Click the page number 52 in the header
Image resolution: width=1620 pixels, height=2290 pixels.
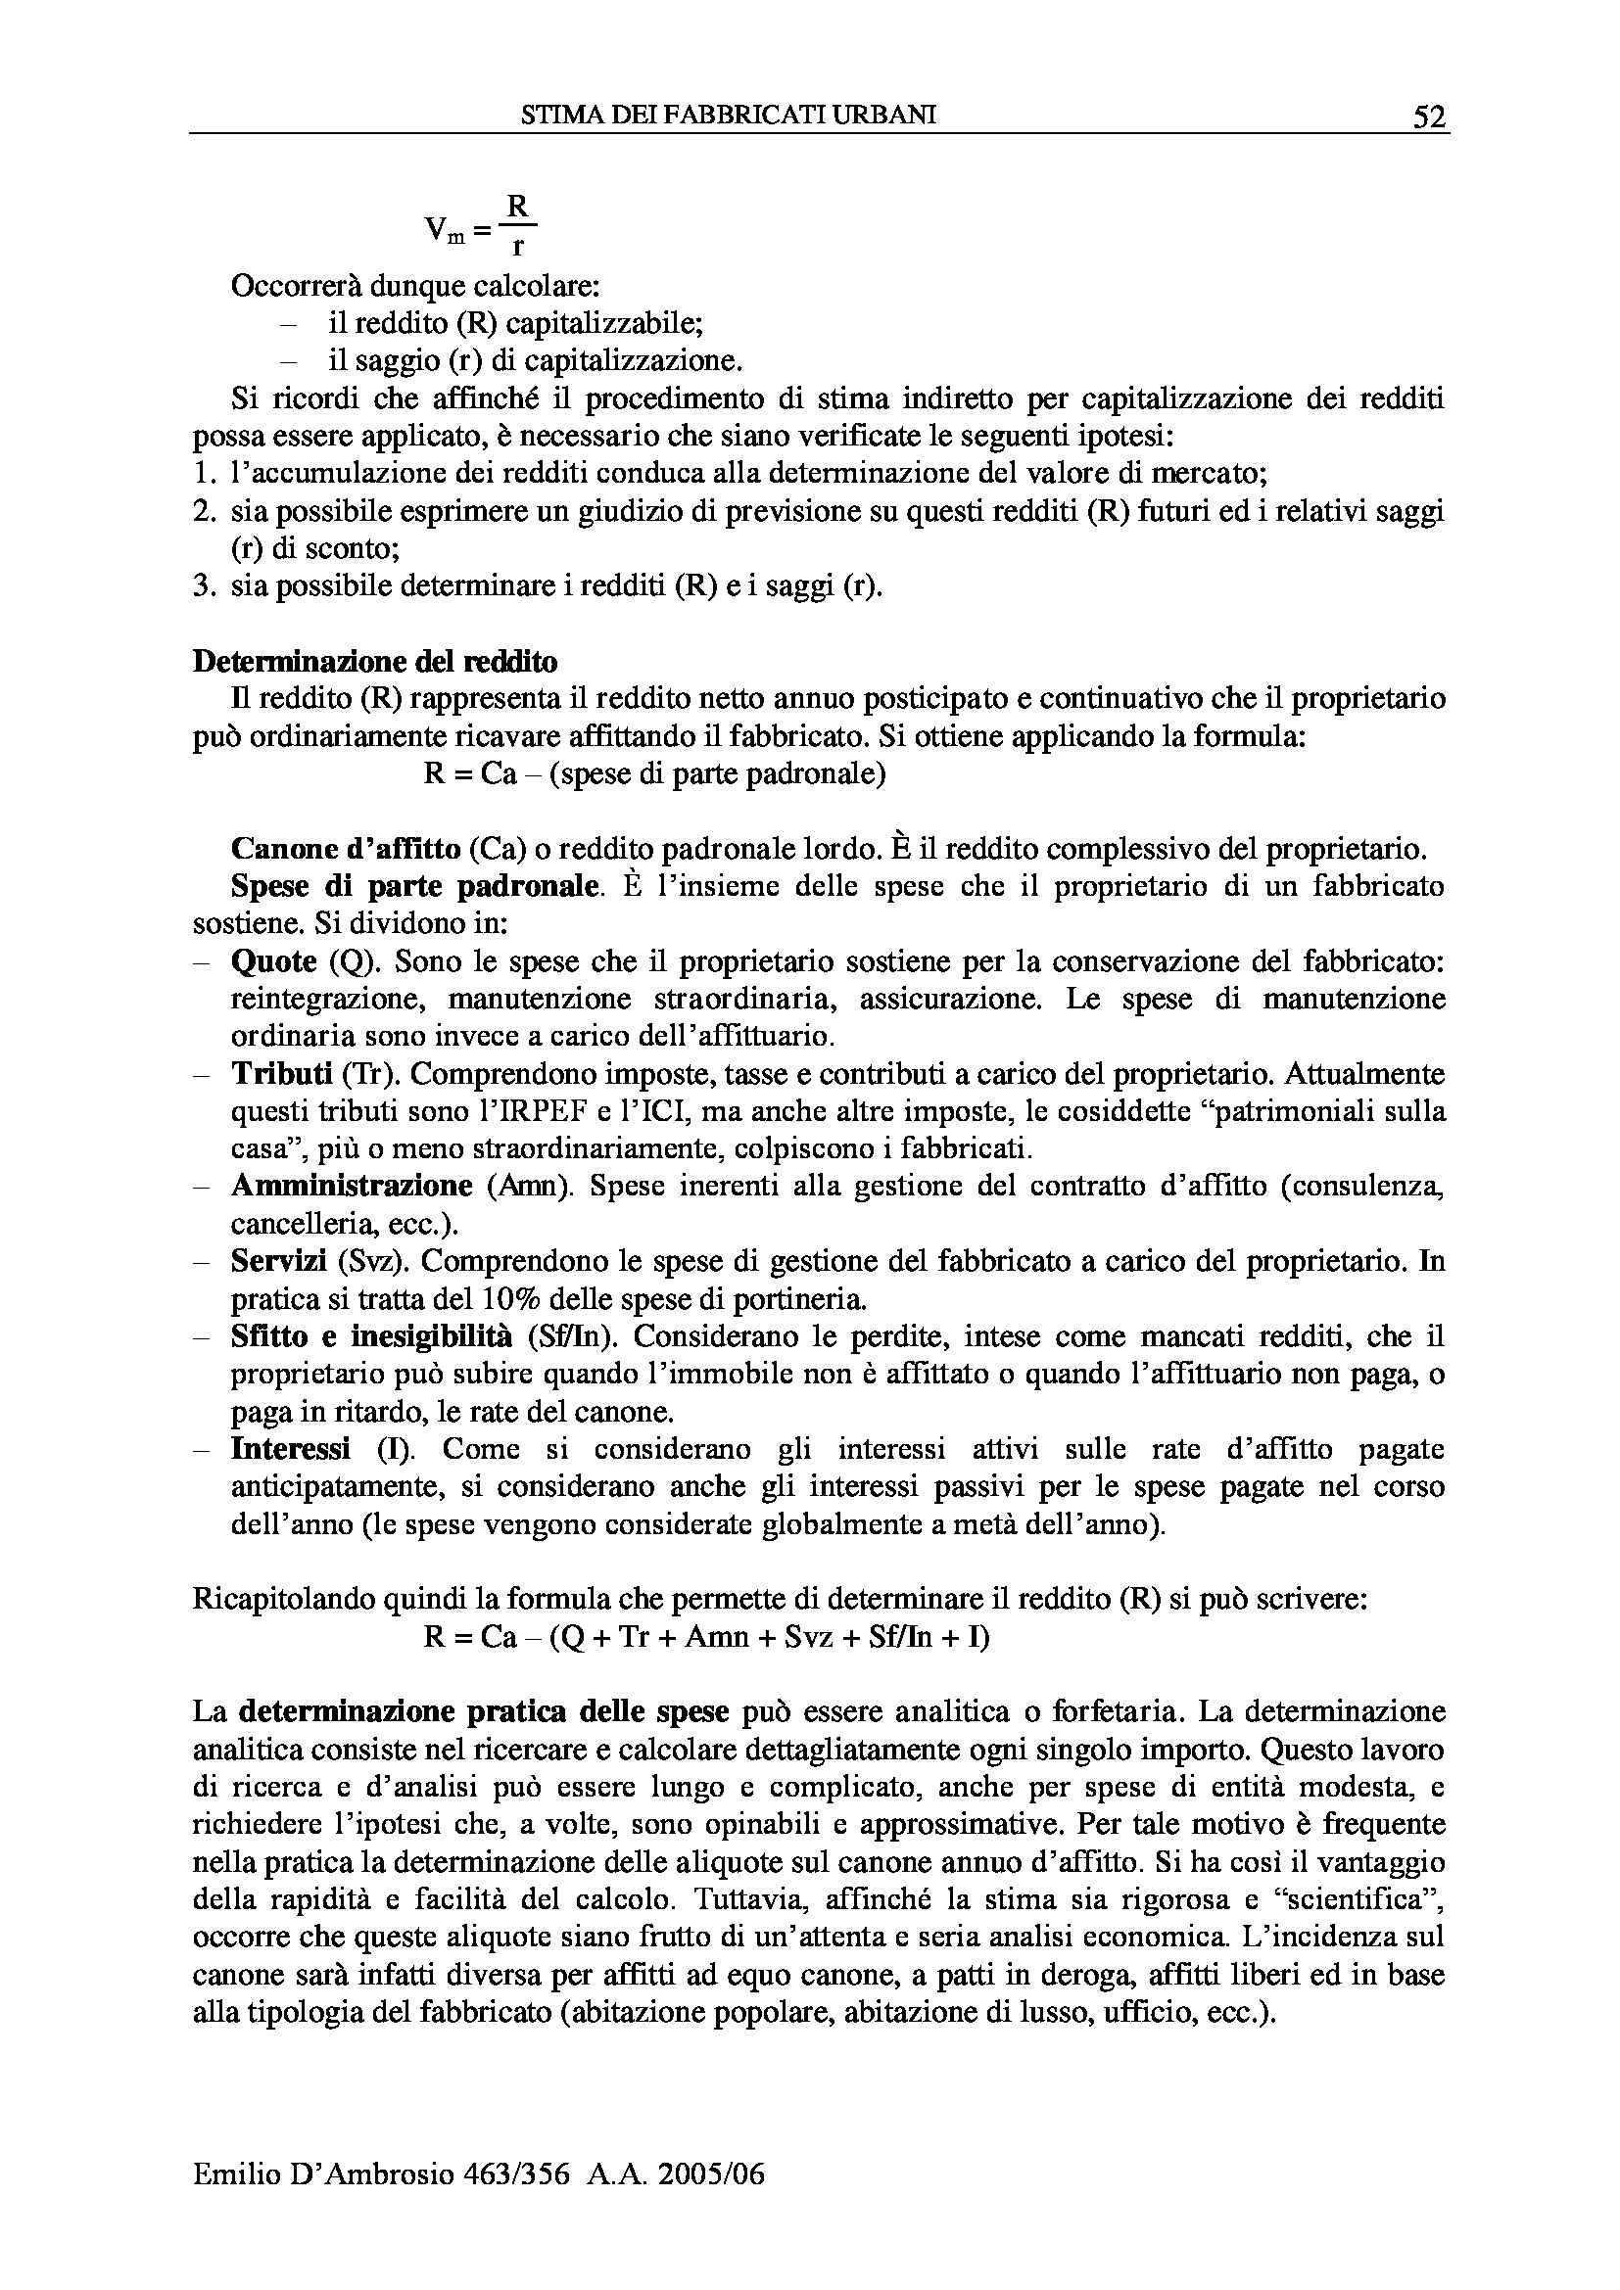(1428, 117)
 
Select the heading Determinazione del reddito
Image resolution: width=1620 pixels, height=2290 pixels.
(375, 661)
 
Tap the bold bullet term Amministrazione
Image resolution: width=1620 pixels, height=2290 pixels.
(352, 1186)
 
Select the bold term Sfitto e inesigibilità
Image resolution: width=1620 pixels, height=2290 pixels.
(371, 1336)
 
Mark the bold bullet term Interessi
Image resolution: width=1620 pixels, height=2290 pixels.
(290, 1448)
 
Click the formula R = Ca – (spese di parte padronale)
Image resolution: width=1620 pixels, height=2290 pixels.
(654, 775)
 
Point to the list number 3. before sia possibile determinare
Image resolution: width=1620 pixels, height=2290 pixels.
(204, 586)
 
